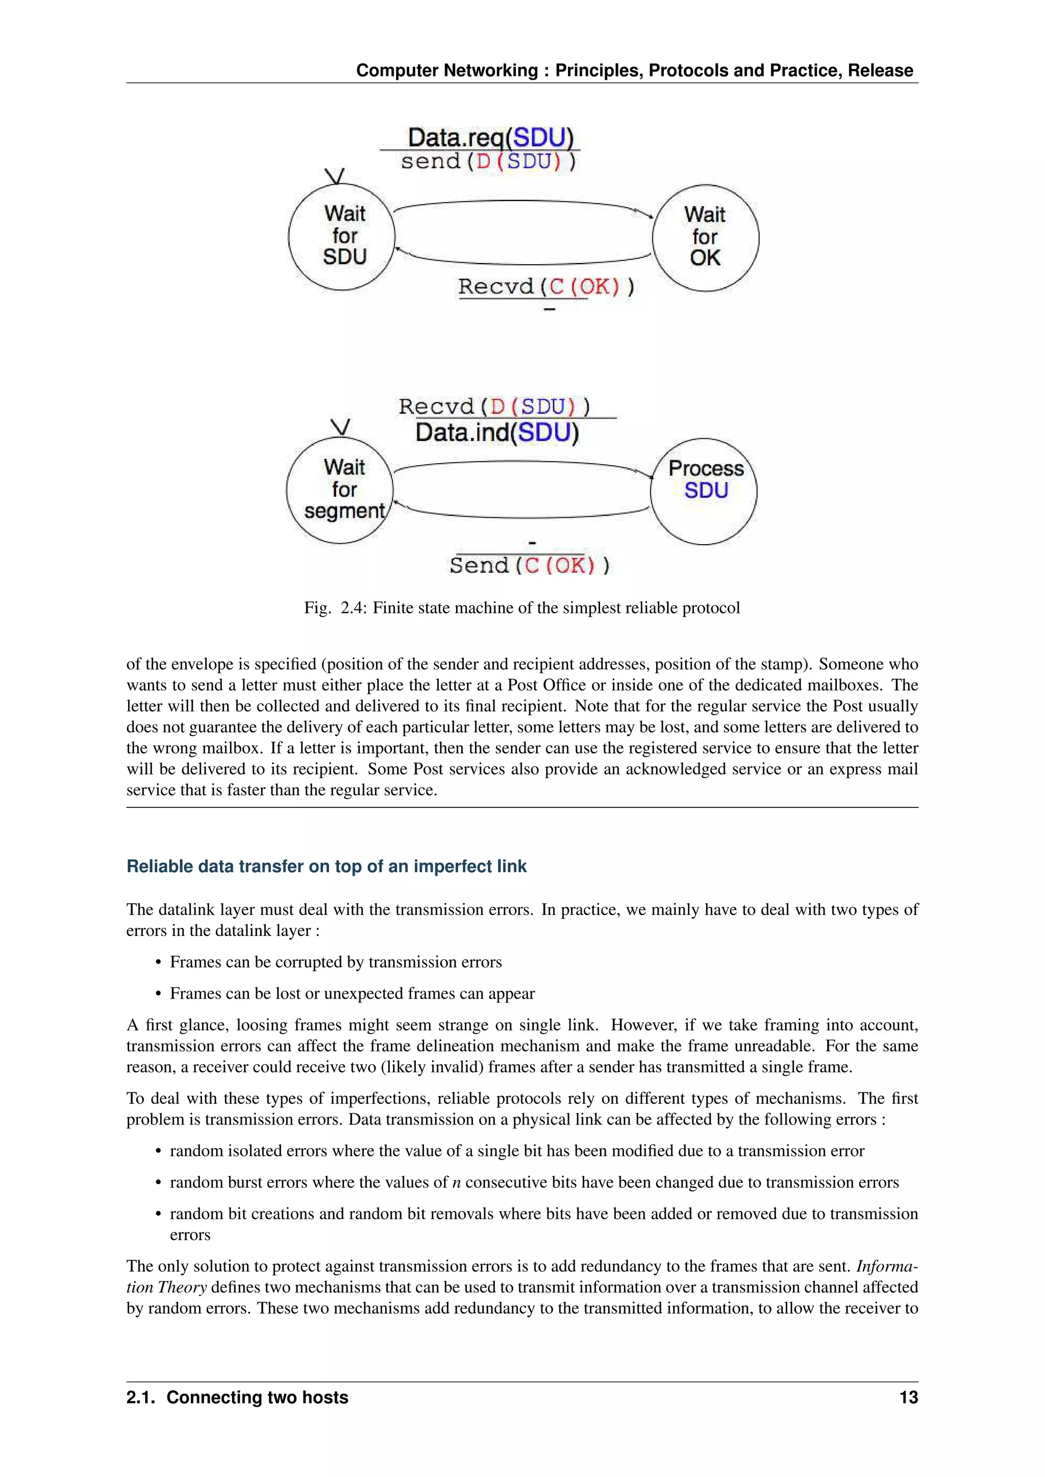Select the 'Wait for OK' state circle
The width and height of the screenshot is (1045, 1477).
(705, 237)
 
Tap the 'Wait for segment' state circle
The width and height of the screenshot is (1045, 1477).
(340, 490)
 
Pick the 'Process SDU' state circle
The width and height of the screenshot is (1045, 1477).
(704, 491)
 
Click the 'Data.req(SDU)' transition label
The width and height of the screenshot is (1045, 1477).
(490, 137)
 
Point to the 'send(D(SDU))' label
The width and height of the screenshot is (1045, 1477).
(488, 162)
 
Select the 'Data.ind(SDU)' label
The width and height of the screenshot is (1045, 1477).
(497, 432)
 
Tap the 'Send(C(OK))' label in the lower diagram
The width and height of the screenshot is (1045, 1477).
(530, 566)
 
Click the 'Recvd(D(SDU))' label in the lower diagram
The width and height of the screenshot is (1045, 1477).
(494, 406)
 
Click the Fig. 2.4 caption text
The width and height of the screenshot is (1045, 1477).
(522, 608)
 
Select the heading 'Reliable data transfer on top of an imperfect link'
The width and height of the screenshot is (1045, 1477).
(326, 867)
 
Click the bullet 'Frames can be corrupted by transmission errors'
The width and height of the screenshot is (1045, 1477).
(335, 962)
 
